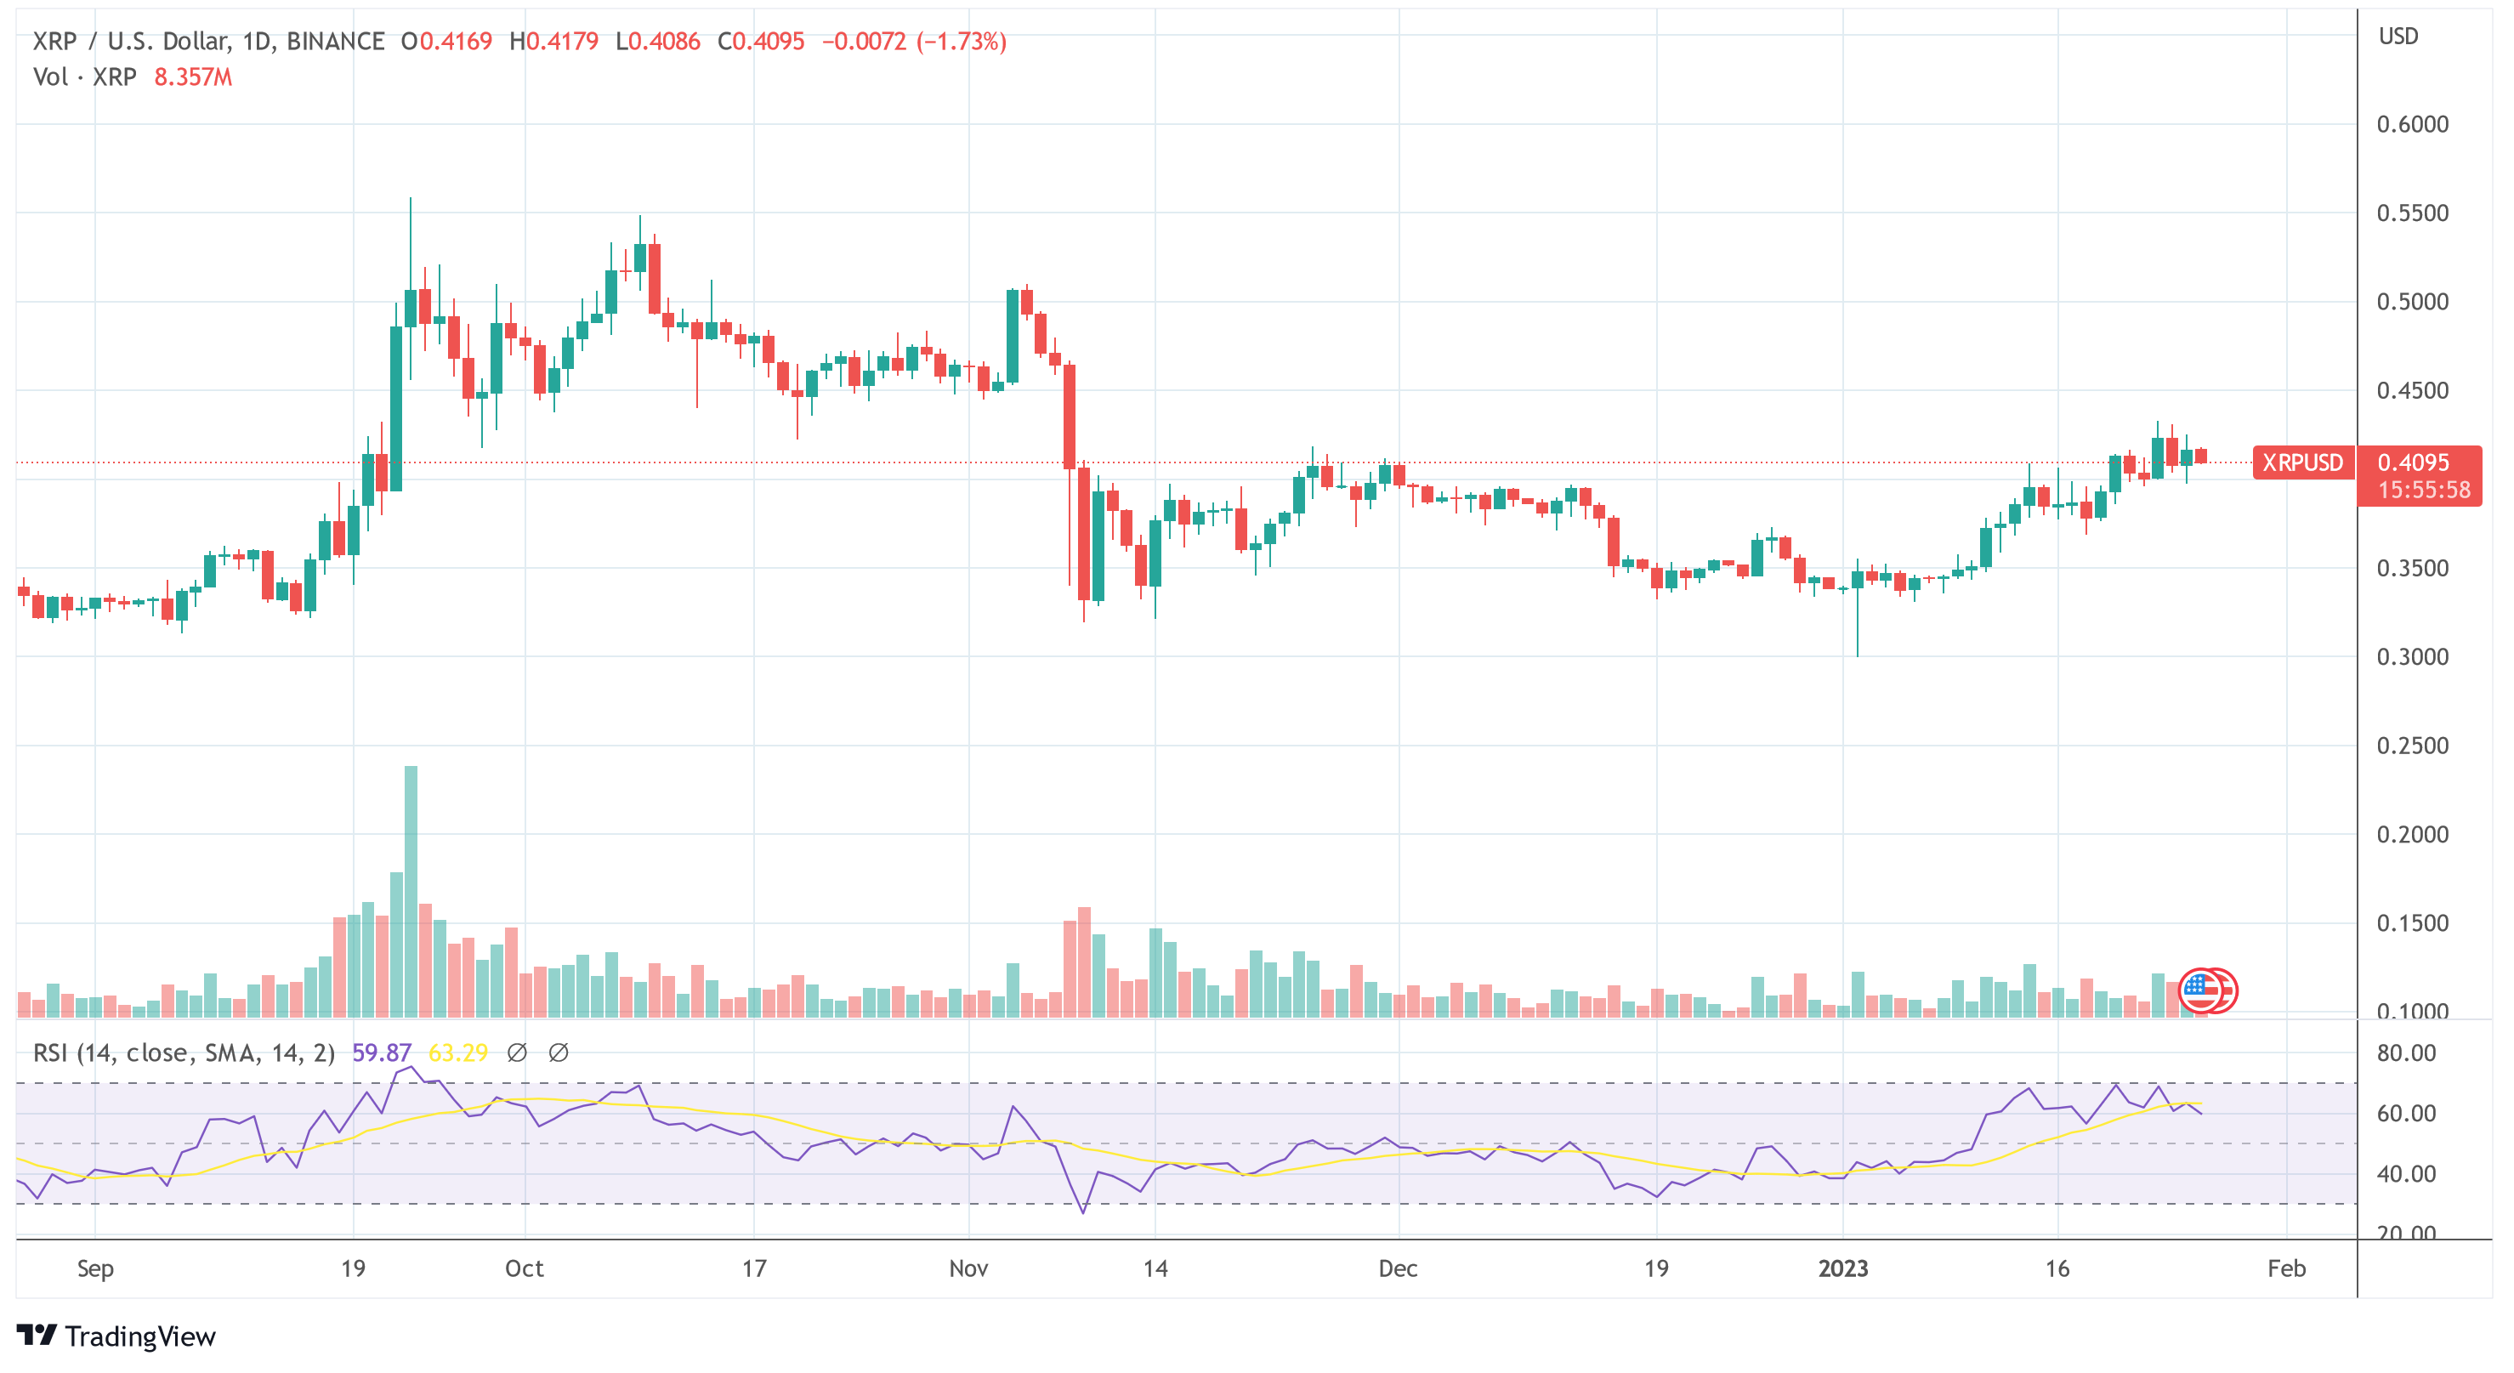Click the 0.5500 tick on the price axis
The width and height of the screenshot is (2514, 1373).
2411,213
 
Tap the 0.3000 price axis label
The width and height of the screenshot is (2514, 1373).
2411,656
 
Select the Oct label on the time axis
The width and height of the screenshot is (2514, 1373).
524,1268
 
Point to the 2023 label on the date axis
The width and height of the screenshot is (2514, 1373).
1842,1268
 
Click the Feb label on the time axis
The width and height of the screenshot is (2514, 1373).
2285,1268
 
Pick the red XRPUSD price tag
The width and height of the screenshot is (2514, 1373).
2302,462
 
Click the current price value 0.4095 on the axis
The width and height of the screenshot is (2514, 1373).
2414,462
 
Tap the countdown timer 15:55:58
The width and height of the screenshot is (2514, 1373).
2423,490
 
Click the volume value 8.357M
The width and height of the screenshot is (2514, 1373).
193,77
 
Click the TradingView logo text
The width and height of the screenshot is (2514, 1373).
139,1336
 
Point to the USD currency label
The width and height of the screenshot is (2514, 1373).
2398,36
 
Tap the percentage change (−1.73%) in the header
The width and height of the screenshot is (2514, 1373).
962,41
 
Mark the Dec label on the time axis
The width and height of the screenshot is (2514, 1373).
1398,1268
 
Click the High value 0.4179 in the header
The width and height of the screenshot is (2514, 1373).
562,41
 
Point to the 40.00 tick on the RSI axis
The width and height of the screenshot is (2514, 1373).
2406,1174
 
